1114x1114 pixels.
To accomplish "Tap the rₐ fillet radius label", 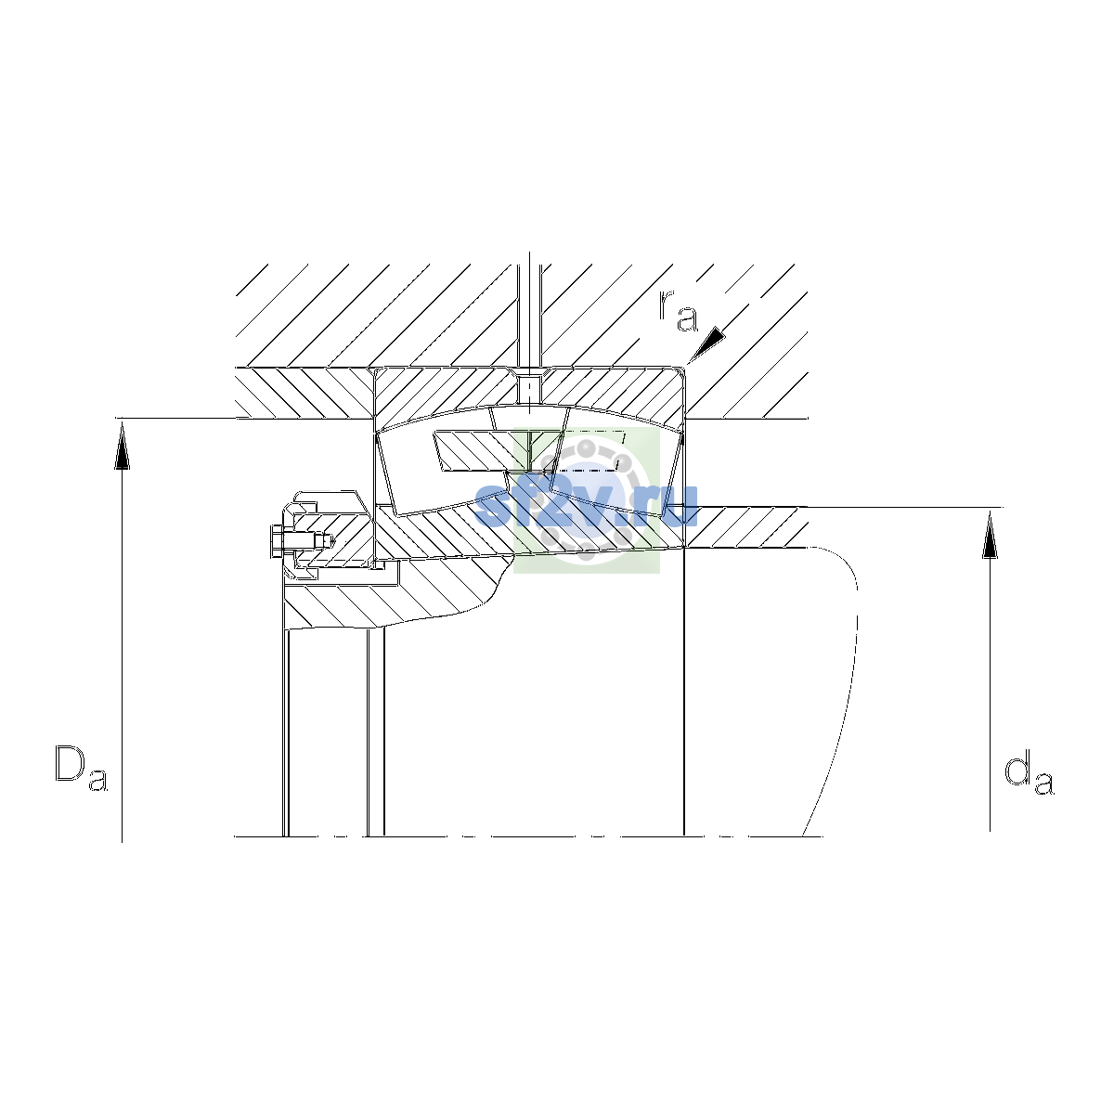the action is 679,311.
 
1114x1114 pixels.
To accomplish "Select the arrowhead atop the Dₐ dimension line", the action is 122,446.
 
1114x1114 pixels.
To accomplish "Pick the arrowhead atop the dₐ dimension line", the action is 990,535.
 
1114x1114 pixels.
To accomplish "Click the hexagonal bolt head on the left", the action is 276,541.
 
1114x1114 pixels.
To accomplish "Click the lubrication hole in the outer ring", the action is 529,389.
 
